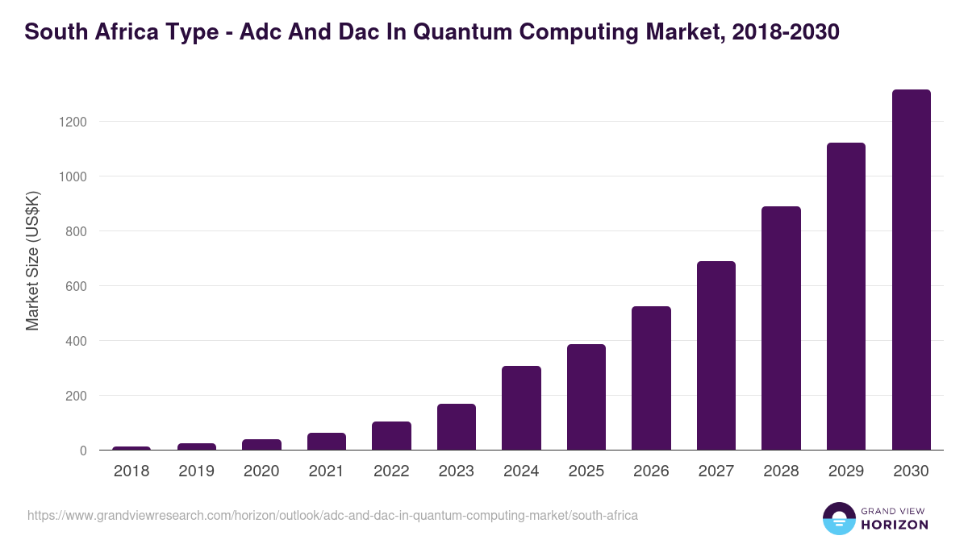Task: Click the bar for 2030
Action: [x=911, y=270]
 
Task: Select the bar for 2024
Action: [x=521, y=408]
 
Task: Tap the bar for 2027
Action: [x=716, y=355]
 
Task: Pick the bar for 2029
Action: [x=846, y=297]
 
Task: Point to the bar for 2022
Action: [x=391, y=436]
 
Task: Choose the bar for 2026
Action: [x=651, y=378]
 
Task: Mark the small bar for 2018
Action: [x=131, y=448]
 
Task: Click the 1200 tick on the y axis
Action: [x=71, y=122]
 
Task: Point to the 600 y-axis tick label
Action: [x=74, y=286]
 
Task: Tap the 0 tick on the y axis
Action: [x=82, y=451]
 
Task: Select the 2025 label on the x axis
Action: [x=586, y=471]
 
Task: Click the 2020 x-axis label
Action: [x=261, y=471]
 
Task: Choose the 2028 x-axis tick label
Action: [x=781, y=471]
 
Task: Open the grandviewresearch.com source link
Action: [x=332, y=515]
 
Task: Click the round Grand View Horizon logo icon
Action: [x=839, y=518]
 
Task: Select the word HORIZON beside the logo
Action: [x=895, y=525]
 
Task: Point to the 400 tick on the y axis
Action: [x=74, y=341]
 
